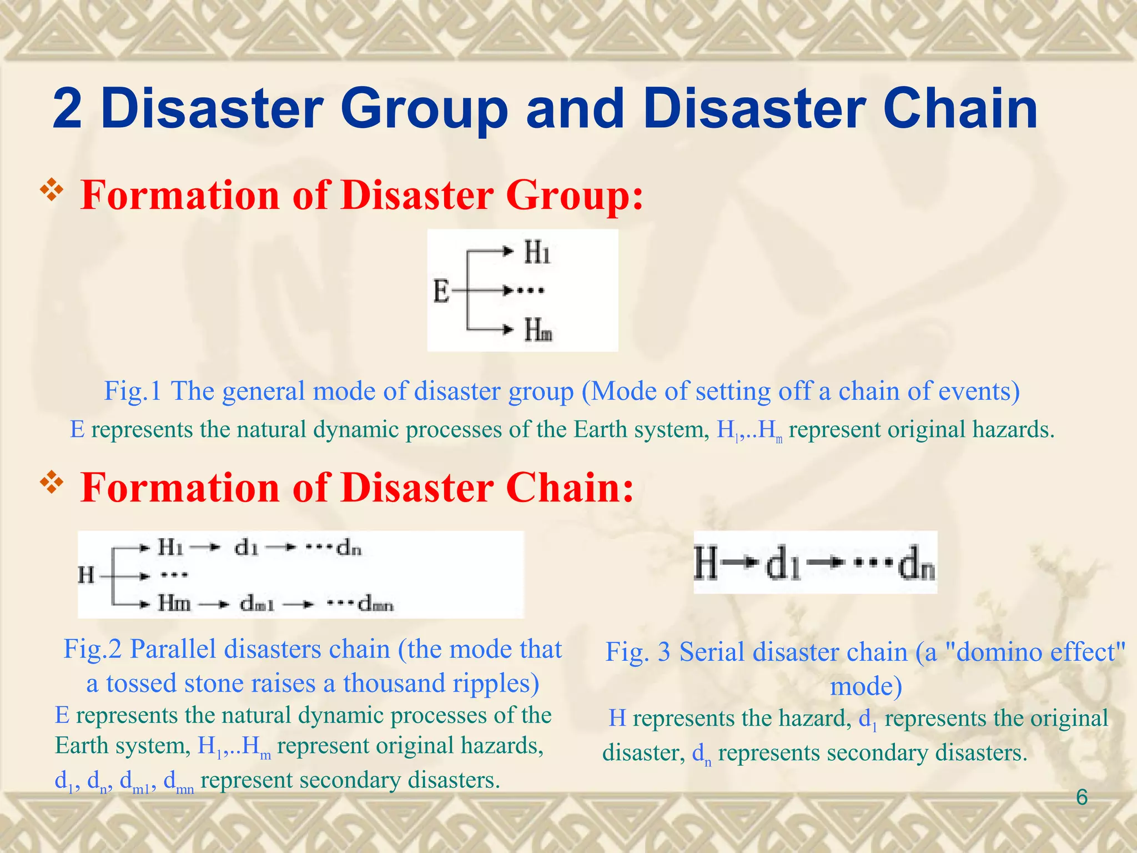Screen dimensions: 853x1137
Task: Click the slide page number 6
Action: coord(1081,797)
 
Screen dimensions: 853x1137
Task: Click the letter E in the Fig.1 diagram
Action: coord(441,291)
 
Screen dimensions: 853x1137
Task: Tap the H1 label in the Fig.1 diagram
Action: coord(537,253)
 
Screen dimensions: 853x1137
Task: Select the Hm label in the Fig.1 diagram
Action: coord(538,331)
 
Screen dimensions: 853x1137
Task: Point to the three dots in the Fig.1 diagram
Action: coord(530,290)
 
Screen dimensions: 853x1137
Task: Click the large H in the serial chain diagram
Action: coord(706,563)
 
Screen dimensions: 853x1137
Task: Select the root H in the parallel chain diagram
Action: coord(86,575)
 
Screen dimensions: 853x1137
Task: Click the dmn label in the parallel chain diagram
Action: coord(376,604)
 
